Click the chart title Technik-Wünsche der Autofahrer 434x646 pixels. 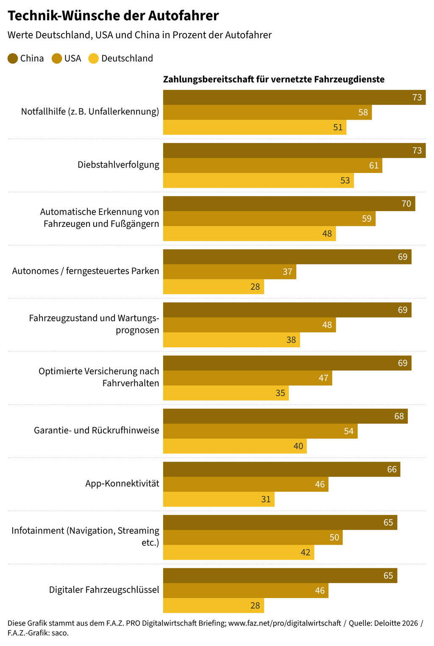coord(113,16)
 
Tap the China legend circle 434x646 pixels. coord(13,58)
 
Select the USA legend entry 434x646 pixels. coord(67,58)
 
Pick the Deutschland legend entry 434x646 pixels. coord(121,58)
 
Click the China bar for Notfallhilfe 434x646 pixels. coord(294,97)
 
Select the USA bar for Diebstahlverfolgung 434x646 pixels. coord(273,165)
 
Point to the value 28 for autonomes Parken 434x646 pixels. coord(255,287)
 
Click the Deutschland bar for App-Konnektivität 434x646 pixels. coord(219,499)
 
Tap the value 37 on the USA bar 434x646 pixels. coord(287,272)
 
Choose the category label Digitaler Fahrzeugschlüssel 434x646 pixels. coord(104,590)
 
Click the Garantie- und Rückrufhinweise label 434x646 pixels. coord(97,431)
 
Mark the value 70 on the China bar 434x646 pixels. coord(406,204)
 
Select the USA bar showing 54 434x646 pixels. coord(260,431)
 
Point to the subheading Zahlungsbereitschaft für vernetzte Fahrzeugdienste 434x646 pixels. coord(274,79)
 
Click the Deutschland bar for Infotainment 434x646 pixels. coord(239,552)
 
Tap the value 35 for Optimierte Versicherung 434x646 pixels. coord(280,393)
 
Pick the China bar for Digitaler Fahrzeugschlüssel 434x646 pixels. coord(280,576)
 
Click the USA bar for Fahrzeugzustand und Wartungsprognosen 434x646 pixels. coord(249,325)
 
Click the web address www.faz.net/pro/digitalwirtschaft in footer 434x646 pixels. coord(284,623)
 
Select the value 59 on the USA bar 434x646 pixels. coord(367,219)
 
